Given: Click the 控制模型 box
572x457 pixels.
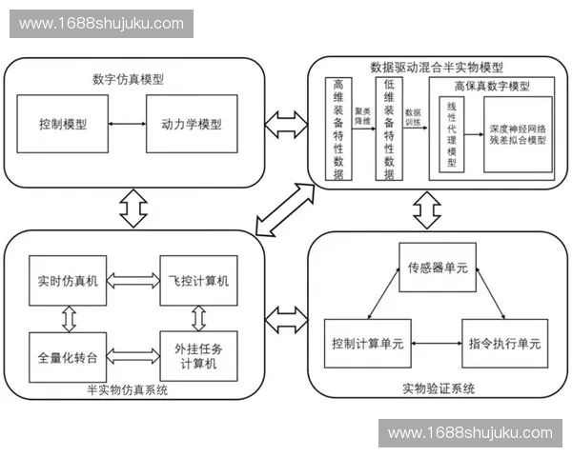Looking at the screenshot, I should tap(65, 125).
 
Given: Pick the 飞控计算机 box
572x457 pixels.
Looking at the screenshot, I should tap(199, 281).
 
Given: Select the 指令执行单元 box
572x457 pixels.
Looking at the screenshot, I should tap(502, 343).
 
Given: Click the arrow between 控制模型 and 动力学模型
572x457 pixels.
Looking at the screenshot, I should tap(129, 125).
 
